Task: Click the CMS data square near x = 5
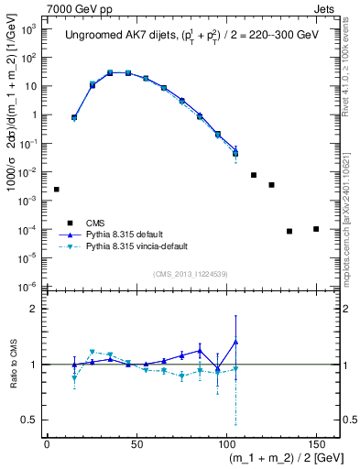pyautogui.click(x=57, y=190)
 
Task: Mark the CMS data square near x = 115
pyautogui.click(x=254, y=175)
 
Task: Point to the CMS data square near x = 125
pyautogui.click(x=271, y=185)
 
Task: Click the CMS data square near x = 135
pyautogui.click(x=289, y=231)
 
